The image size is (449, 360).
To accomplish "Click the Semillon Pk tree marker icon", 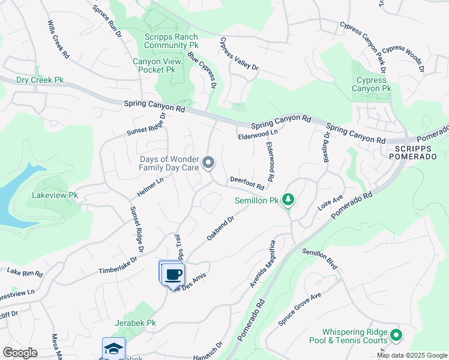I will [289, 199].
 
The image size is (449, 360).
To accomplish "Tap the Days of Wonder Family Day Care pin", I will [208, 163].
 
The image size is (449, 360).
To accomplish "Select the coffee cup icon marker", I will [173, 274].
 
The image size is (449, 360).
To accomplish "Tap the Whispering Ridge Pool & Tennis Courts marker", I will [396, 335].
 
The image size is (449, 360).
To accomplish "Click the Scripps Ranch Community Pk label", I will [171, 41].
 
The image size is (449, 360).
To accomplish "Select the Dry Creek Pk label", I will [40, 80].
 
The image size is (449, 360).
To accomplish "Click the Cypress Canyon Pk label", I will [372, 85].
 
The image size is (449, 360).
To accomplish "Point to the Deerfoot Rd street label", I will [247, 182].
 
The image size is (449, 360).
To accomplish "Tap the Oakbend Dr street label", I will [220, 229].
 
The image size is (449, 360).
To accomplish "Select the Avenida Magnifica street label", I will [263, 264].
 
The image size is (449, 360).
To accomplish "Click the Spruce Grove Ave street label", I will [300, 309].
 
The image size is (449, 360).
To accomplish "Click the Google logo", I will [20, 353].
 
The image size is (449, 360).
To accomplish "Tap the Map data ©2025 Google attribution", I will [412, 355].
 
